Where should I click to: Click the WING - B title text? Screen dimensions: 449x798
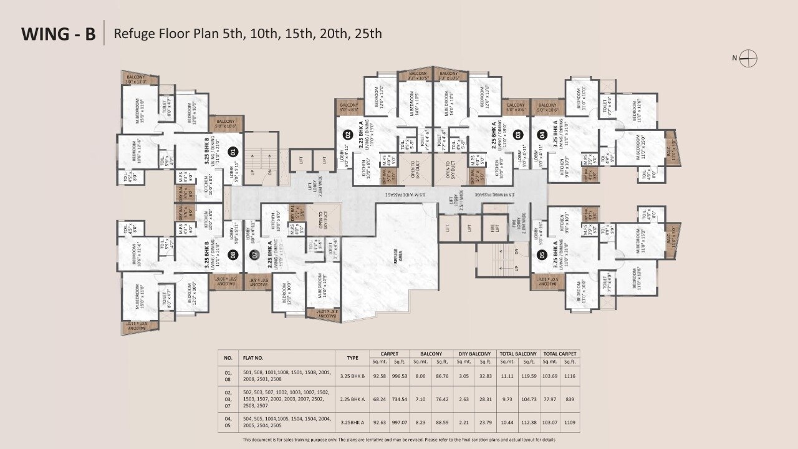59,34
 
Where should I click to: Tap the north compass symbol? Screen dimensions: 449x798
749,59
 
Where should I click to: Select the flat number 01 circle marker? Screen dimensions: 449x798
233,150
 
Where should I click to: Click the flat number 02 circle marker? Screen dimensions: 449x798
348,133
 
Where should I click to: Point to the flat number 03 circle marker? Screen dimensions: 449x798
517,133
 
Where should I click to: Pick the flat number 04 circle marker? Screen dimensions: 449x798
542,133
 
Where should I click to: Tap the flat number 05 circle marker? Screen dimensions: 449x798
542,254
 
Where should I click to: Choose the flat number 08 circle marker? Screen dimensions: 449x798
233,254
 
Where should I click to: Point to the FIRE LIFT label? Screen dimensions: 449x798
494,228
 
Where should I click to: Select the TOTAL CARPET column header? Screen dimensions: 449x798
559,354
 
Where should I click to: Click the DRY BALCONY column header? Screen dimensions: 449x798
474,354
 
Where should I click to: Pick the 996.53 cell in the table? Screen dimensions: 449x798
399,376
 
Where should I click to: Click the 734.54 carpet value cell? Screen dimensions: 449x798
399,398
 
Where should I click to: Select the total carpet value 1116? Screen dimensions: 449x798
570,376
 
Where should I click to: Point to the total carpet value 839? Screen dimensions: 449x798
570,398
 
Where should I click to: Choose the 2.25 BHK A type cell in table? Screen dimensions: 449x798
352,398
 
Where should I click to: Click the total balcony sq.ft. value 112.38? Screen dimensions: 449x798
529,422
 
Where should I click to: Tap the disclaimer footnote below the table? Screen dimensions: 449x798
399,440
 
